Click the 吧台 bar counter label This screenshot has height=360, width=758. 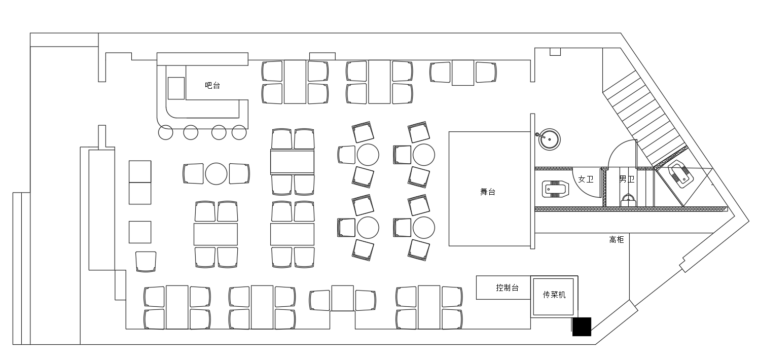(x=212, y=85)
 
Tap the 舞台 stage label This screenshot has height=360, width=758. (x=488, y=192)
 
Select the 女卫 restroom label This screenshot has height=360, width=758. (x=586, y=179)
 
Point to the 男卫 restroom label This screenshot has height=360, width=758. (x=627, y=179)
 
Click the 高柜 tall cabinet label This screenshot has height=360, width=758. (x=616, y=239)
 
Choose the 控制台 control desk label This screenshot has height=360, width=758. (x=507, y=287)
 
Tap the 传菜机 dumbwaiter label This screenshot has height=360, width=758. (x=554, y=295)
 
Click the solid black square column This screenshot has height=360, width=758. (x=582, y=327)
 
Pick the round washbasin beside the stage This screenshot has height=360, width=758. (x=549, y=139)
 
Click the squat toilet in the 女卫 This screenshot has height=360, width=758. (x=555, y=189)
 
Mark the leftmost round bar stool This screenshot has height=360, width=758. (x=165, y=132)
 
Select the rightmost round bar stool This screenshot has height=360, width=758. (x=239, y=132)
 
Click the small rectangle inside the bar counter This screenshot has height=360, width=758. (x=176, y=88)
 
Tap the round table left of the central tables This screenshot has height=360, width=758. (x=216, y=173)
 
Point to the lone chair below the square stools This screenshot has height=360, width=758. (x=146, y=262)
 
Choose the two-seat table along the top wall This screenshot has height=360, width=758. (x=462, y=73)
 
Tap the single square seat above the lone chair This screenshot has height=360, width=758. (x=140, y=232)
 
